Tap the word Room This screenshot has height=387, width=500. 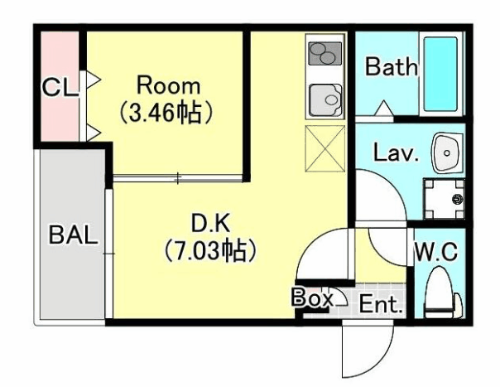(168, 85)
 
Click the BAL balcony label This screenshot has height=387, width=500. (73, 234)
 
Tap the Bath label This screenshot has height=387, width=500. (392, 66)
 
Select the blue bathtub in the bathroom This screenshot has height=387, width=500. (440, 75)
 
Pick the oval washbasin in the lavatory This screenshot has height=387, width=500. (446, 152)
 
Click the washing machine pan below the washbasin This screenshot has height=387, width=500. (445, 199)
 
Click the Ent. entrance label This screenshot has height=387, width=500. (380, 304)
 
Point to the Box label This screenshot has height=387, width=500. (312, 298)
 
